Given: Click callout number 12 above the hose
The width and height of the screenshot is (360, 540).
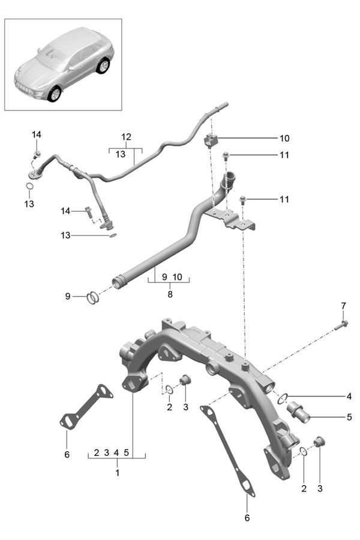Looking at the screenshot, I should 125,137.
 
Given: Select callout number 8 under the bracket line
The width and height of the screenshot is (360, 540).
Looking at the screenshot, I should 170,295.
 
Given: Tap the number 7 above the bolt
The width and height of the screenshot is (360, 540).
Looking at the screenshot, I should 343,307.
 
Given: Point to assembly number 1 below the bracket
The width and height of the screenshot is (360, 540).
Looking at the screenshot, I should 117,473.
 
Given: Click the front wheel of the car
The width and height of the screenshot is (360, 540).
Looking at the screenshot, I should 55,93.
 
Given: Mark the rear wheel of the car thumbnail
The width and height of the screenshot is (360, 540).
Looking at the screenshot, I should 105,65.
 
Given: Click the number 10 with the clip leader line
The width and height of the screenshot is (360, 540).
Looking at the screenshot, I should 284,138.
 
